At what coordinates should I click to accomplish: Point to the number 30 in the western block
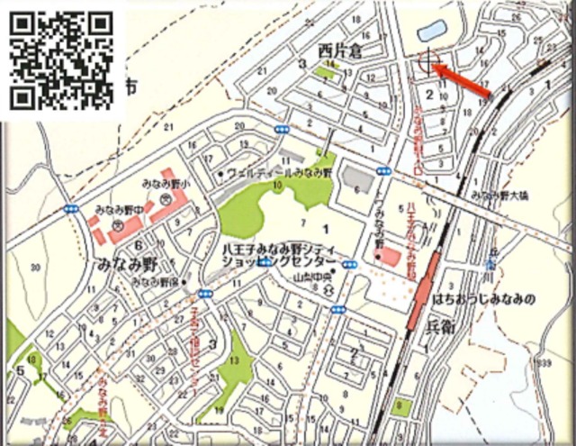pyautogui.click(x=35, y=267)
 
